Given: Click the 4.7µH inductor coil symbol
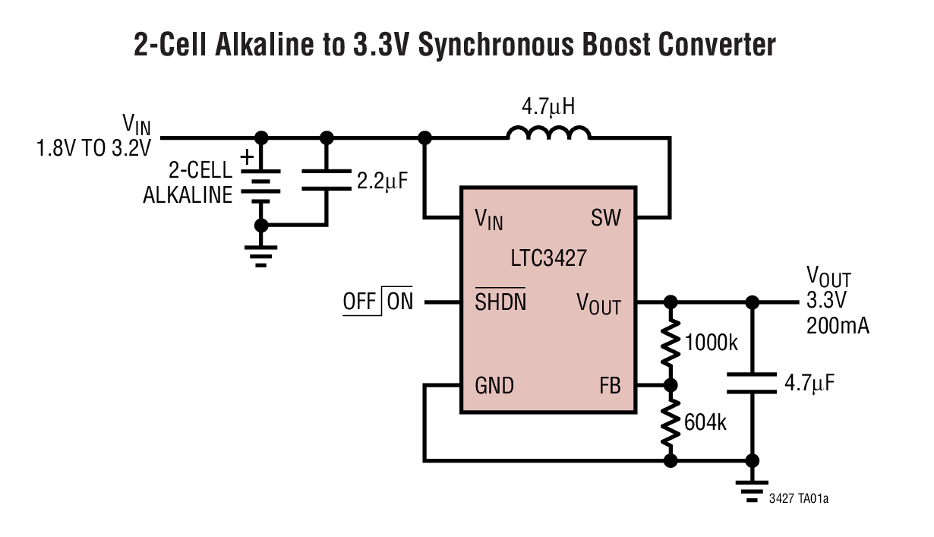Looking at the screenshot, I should point(548,134).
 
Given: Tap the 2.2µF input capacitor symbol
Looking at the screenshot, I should point(327,182).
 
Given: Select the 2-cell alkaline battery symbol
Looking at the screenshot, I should point(261,182).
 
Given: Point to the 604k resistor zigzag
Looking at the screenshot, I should point(670,422).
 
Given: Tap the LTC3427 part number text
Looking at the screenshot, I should point(548,258).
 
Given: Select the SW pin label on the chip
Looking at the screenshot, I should point(605,219).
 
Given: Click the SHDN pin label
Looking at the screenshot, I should point(500,302).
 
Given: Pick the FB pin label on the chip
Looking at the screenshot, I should point(609,386).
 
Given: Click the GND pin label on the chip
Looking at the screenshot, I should point(494,386).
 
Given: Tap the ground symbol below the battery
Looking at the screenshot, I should point(261,255).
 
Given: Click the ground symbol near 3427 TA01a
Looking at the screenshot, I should point(752,490).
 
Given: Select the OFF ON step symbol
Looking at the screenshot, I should point(377,302).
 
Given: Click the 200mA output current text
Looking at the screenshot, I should point(838,327).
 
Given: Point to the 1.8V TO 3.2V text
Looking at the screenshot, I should point(94,148).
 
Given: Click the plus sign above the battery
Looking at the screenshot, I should point(247,157).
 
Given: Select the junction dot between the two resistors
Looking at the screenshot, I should point(670,385).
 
